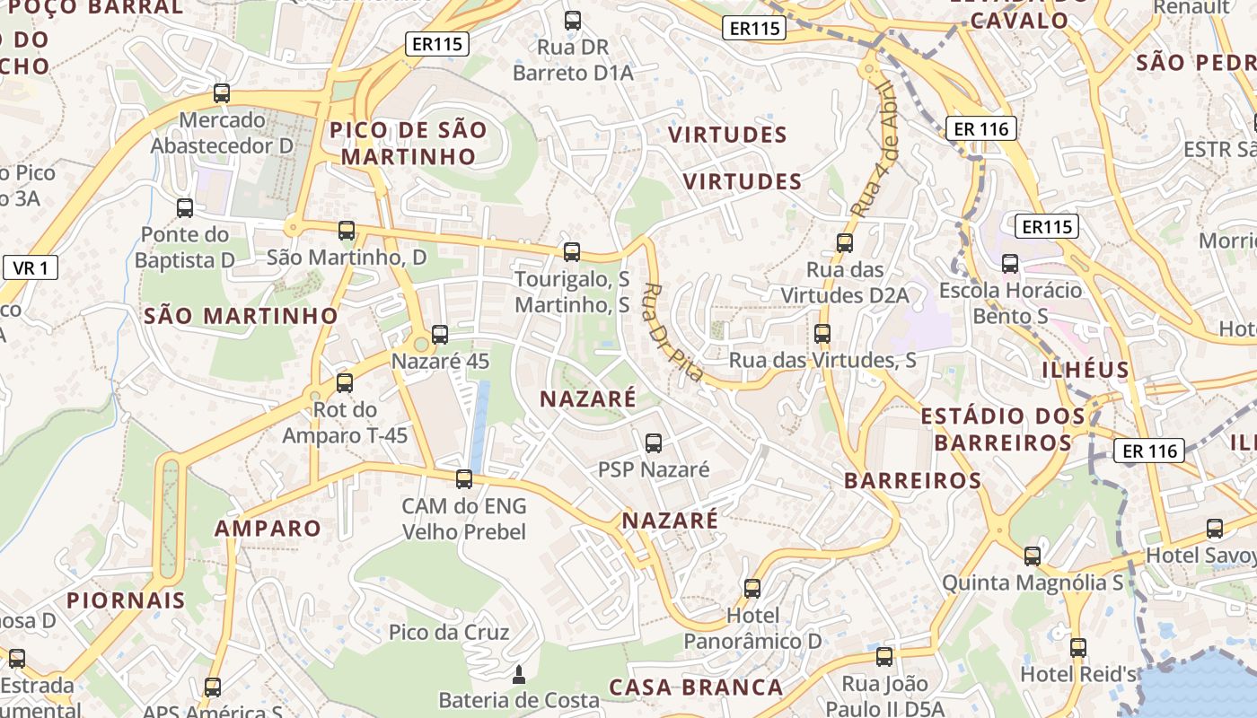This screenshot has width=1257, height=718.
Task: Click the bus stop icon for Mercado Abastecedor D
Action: tap(222, 93)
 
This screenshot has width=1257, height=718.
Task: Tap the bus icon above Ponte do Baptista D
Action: tap(185, 208)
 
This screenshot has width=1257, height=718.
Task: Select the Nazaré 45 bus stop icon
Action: tap(440, 335)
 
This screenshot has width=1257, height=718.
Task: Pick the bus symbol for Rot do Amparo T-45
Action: tap(345, 383)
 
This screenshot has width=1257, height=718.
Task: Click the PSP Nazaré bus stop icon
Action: tap(654, 443)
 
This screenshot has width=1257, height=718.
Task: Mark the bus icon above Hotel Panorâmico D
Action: tap(752, 589)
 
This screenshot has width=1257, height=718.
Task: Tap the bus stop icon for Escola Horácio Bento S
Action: tap(1010, 264)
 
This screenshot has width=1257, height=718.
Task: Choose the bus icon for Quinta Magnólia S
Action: tap(1033, 556)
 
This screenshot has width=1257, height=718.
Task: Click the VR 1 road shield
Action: tap(31, 267)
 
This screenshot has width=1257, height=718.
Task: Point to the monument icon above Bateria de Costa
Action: tap(518, 674)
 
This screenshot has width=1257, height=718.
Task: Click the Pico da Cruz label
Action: tap(449, 632)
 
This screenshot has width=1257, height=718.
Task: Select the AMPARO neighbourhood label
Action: tap(268, 528)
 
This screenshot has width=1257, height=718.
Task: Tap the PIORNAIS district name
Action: tap(126, 600)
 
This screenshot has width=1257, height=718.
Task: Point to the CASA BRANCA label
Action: tap(696, 687)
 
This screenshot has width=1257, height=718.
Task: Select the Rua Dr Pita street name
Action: tap(672, 332)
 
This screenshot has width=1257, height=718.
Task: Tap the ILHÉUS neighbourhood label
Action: tap(1086, 370)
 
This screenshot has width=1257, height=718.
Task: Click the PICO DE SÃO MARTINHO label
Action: tap(409, 143)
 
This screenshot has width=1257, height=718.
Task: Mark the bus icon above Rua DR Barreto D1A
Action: tap(573, 20)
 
